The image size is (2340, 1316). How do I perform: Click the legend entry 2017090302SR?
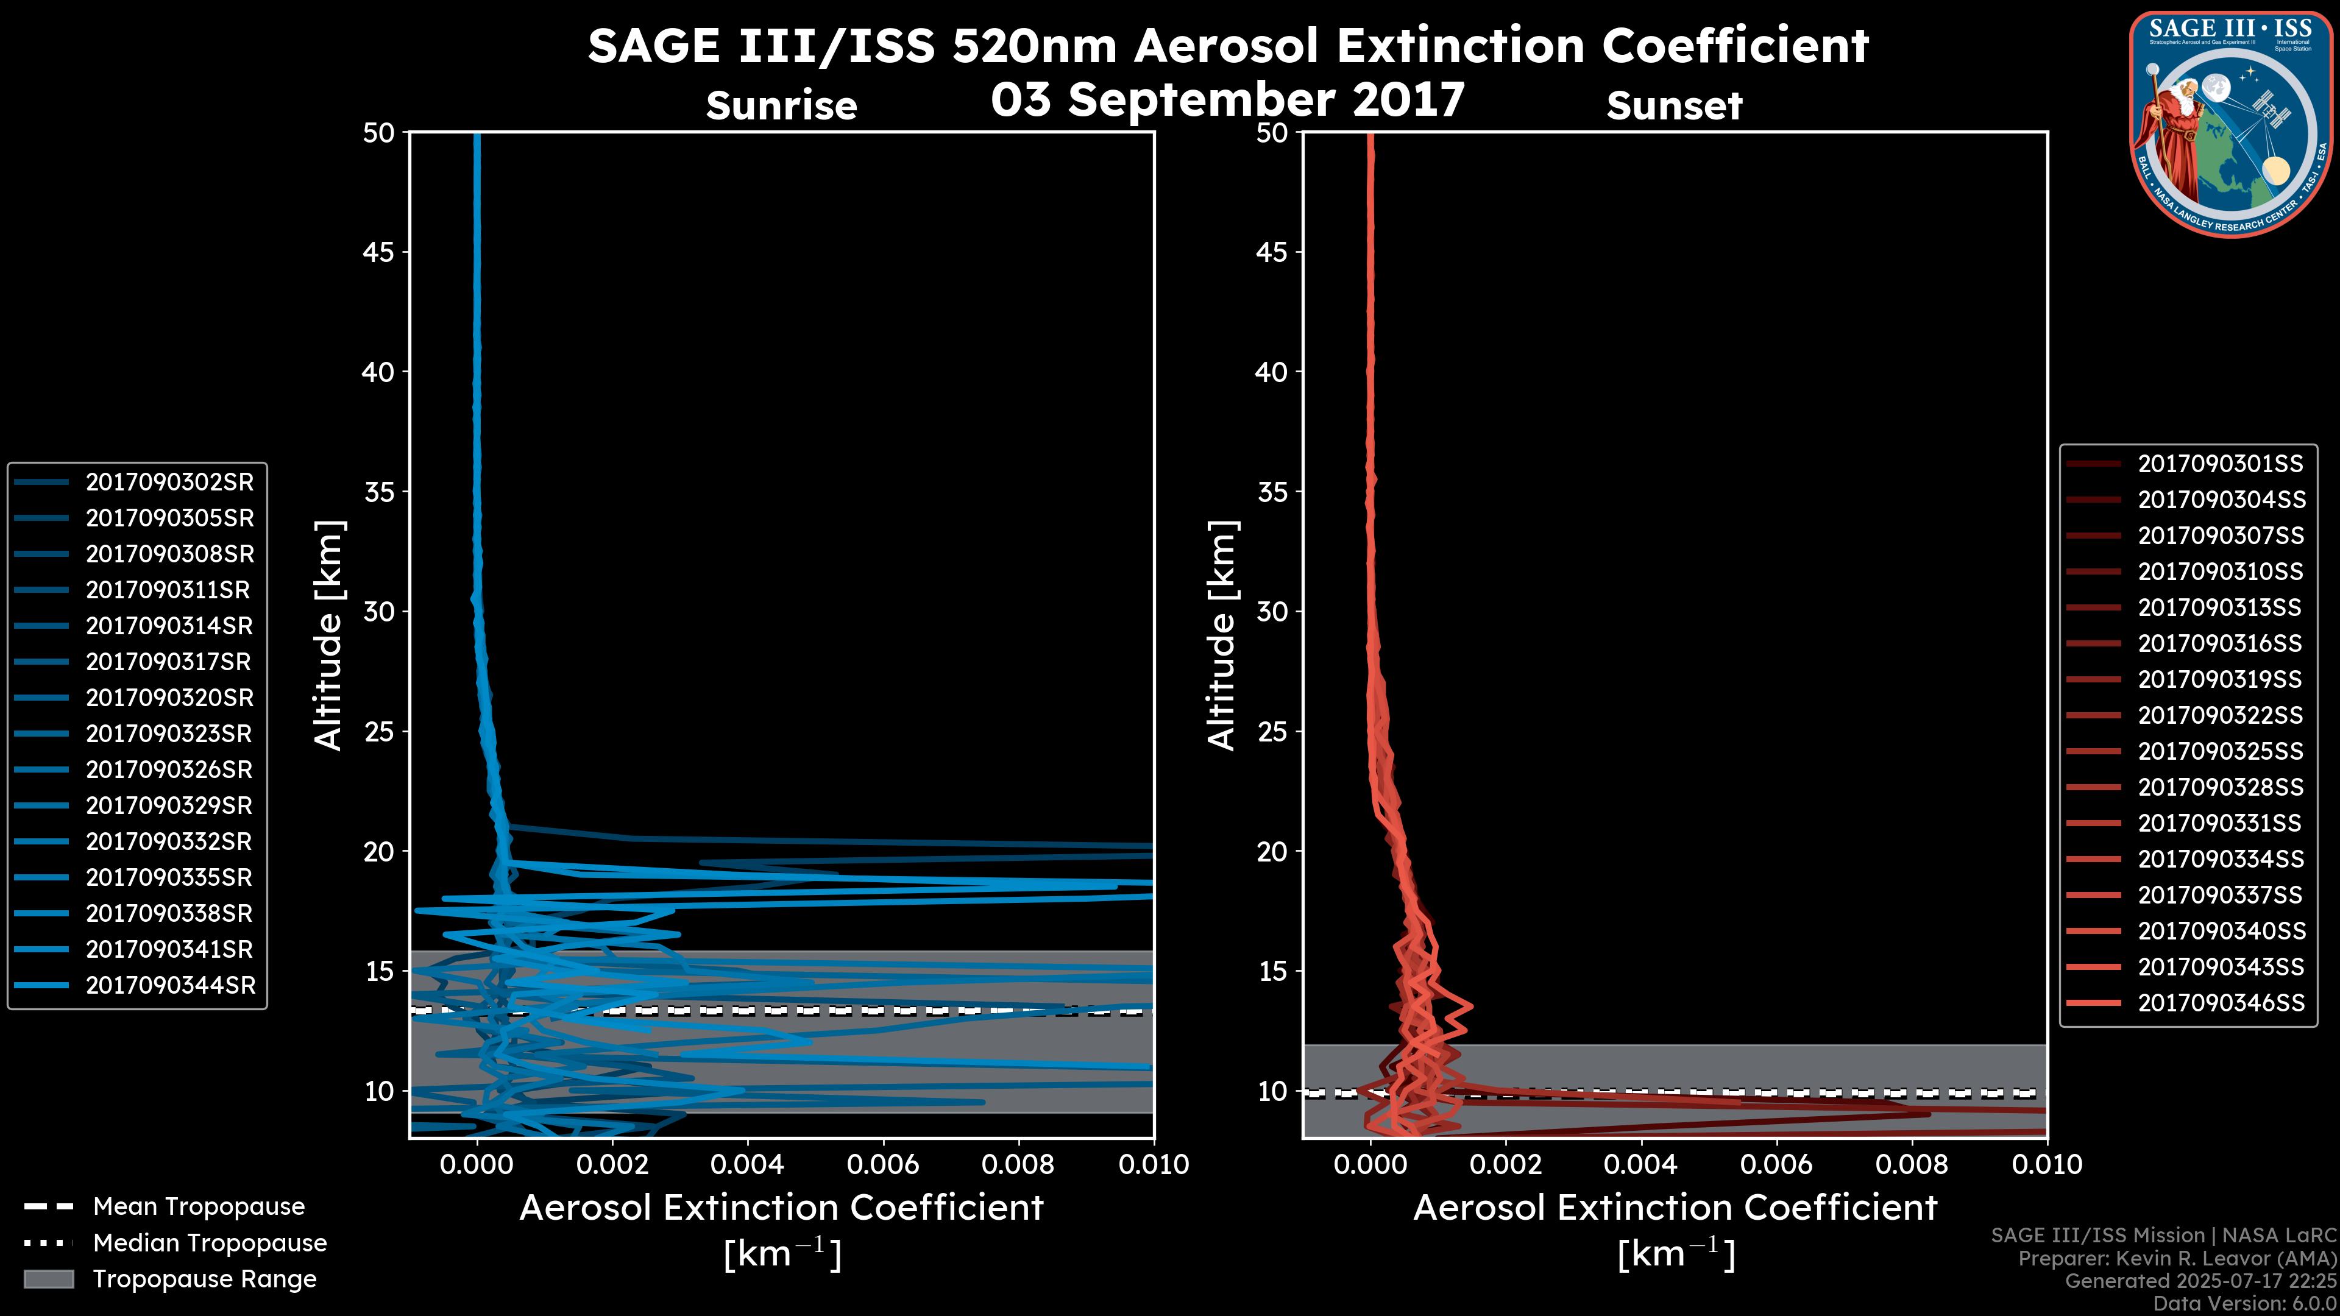click(x=169, y=483)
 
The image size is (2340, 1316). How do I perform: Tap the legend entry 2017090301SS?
click(x=2219, y=464)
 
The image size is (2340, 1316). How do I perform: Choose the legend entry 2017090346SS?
click(x=2220, y=1003)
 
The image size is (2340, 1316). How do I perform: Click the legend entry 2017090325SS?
click(x=2220, y=751)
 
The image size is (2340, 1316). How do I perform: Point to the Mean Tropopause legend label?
click(x=198, y=1206)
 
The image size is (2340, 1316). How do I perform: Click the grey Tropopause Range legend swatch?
click(x=49, y=1279)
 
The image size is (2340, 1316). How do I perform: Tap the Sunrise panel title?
click(x=781, y=105)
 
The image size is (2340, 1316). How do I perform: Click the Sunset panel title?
click(x=1673, y=105)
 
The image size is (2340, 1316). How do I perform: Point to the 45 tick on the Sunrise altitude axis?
click(x=379, y=252)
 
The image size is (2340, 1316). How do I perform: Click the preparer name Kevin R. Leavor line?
click(x=2177, y=1259)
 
